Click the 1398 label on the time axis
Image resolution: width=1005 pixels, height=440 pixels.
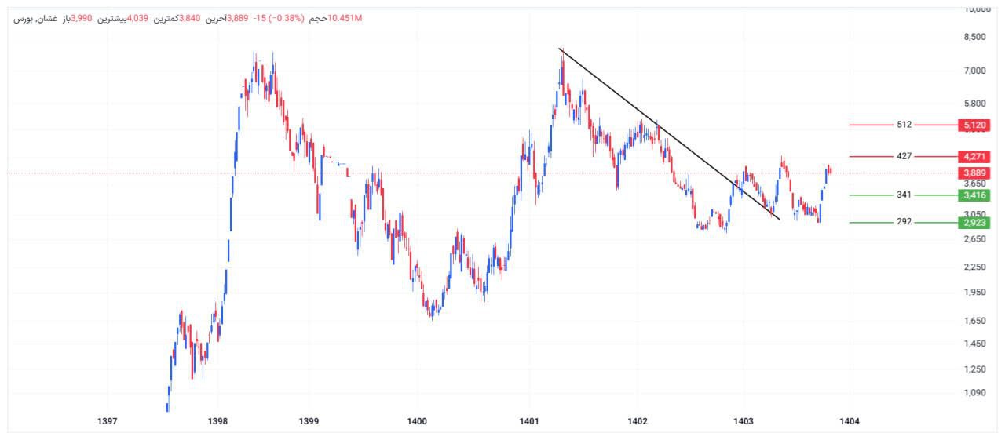coord(217,421)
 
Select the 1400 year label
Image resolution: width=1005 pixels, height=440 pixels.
coord(417,421)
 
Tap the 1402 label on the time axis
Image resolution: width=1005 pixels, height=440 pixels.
coord(637,421)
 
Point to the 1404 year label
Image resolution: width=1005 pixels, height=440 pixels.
coord(849,421)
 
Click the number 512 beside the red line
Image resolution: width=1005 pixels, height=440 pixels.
coord(904,125)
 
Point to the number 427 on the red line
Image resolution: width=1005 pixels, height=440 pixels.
coord(904,156)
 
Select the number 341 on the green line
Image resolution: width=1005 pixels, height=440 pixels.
coord(904,195)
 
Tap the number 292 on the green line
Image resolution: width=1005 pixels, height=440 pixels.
coord(904,222)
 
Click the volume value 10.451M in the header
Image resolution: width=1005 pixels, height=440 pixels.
coord(346,18)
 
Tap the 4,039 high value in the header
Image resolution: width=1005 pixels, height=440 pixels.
coord(138,18)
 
